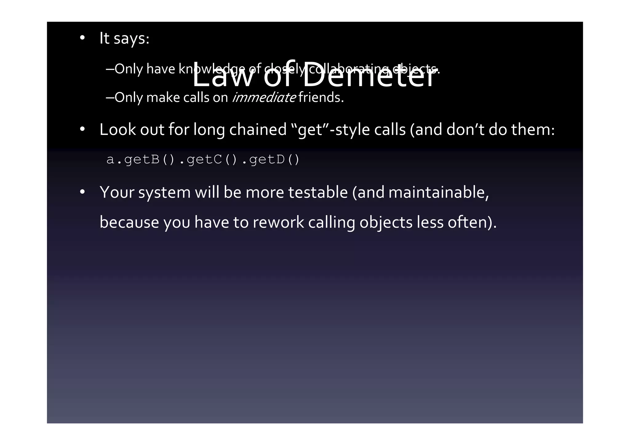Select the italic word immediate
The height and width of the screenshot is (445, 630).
coord(264,98)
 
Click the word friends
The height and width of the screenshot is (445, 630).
coord(321,98)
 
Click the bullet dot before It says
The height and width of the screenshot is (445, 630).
coord(82,38)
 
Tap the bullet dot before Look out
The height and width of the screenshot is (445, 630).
coord(82,129)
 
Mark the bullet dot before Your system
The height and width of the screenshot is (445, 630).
coord(82,192)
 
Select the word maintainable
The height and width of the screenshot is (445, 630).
coord(438,192)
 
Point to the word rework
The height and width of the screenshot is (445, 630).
coord(278,222)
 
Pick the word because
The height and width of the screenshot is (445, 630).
coord(129,222)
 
